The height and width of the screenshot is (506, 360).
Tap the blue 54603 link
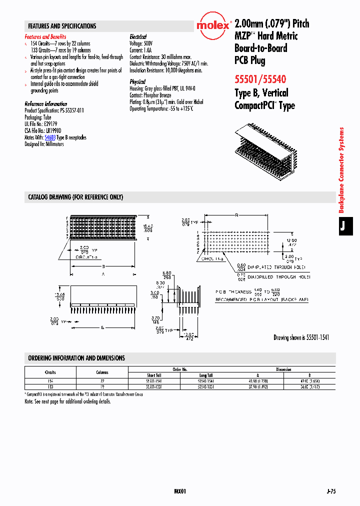click(49, 137)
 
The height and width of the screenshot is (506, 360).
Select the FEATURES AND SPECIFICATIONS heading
click(62, 26)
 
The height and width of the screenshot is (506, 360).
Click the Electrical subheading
click(138, 37)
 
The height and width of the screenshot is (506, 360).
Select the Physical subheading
click(137, 81)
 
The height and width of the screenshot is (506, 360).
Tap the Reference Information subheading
click(46, 104)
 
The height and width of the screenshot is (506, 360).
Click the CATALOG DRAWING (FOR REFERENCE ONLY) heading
click(75, 197)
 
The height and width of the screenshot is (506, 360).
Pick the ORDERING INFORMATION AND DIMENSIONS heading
click(76, 358)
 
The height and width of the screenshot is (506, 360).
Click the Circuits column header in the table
click(50, 372)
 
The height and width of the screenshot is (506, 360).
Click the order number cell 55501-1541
click(153, 381)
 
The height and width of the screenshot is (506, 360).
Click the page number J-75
click(330, 492)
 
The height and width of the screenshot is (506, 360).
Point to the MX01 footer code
click(180, 492)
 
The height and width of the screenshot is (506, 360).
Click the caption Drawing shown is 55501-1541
click(301, 338)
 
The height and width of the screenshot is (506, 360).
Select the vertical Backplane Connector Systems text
click(342, 170)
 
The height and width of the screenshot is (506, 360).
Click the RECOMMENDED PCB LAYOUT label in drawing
click(262, 299)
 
